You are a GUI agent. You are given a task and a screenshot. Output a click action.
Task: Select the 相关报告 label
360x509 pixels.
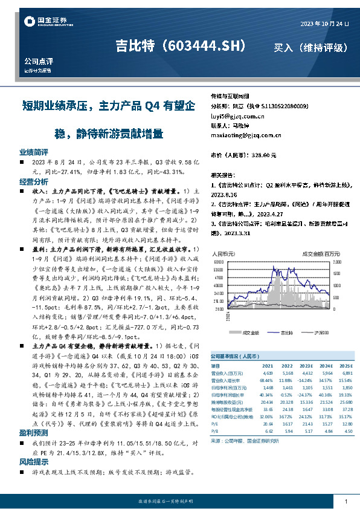click(221, 173)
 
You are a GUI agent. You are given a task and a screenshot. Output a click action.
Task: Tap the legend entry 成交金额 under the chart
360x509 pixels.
click(250, 332)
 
